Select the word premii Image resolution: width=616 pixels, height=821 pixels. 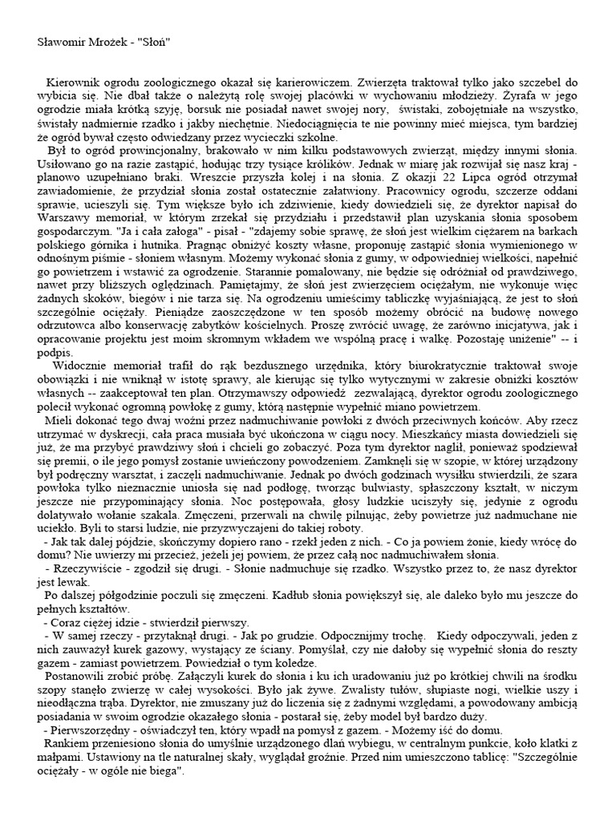click(74, 463)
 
